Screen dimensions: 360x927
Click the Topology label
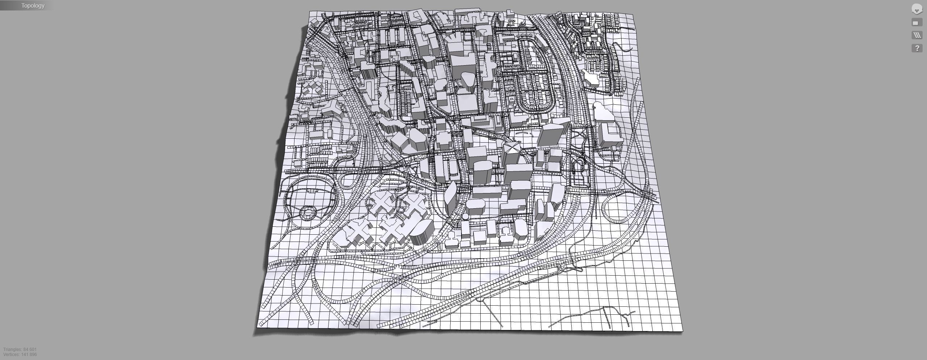(x=33, y=5)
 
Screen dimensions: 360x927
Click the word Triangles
(x=13, y=349)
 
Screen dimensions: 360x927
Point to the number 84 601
(x=30, y=349)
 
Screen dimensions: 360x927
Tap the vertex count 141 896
(x=29, y=355)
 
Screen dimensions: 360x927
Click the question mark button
(x=917, y=48)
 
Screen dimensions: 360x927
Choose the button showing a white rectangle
(x=916, y=23)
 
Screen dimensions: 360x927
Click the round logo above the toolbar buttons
(x=916, y=9)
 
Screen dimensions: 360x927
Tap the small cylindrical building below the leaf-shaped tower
(x=465, y=217)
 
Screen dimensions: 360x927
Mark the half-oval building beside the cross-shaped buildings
(x=422, y=232)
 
